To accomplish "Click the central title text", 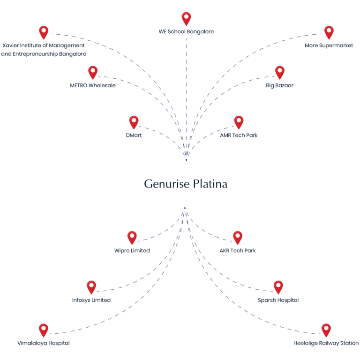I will tap(186, 185).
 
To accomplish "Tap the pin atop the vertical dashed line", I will tap(186, 19).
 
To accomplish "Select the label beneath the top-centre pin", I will tap(186, 31).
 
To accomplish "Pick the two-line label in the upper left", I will tap(43, 50).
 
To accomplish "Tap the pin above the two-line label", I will tap(44, 32).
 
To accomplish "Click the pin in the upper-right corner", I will tap(329, 32).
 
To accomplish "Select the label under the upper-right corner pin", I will tap(330, 46).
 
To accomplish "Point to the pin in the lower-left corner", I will tap(43, 330).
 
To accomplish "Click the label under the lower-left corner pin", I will tap(44, 344).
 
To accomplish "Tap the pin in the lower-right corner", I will tap(326, 330).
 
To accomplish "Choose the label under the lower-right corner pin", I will tap(326, 344).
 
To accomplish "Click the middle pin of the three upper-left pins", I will tap(93, 73).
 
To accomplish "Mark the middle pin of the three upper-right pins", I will tap(279, 73).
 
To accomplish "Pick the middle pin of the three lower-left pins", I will tap(91, 286).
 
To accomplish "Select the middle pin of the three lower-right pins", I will tap(278, 286).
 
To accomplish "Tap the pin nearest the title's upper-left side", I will tap(134, 123).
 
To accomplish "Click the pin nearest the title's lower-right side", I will tap(238, 237).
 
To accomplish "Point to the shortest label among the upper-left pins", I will tap(133, 135).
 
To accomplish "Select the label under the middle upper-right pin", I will tap(280, 86).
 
